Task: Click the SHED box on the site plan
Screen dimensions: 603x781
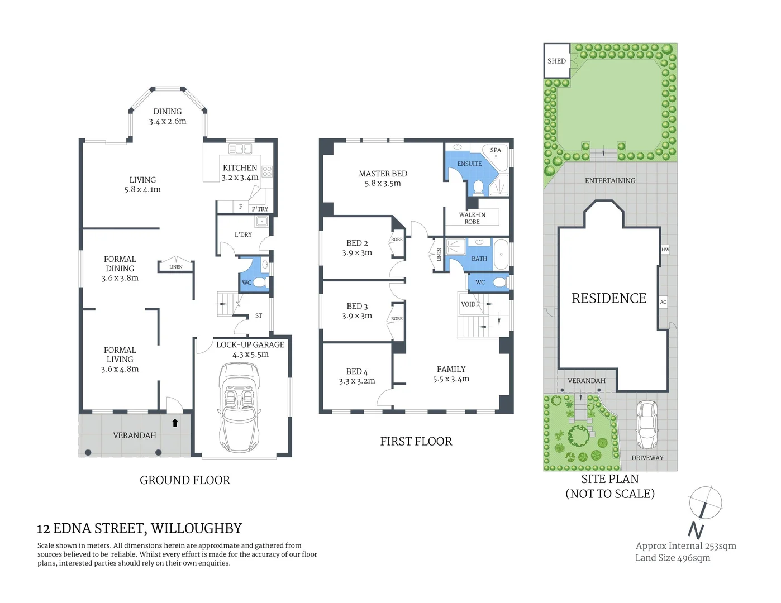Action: point(556,61)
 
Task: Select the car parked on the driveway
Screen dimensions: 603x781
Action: point(646,424)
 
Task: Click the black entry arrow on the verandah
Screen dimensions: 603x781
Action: point(175,423)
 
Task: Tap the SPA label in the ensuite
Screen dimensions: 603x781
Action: point(496,150)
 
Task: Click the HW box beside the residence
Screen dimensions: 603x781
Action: point(665,250)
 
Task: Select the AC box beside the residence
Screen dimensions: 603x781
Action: point(663,302)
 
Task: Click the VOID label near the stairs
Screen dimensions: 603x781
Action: point(468,304)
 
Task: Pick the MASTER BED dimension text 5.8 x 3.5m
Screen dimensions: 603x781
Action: point(383,183)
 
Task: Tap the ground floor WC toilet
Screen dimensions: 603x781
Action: point(260,283)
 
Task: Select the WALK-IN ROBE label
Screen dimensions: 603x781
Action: point(472,218)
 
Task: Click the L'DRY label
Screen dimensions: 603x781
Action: point(243,234)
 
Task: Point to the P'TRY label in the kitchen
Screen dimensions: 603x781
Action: point(260,209)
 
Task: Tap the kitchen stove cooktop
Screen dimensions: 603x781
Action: point(267,171)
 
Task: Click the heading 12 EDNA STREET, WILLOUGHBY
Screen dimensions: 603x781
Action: point(139,528)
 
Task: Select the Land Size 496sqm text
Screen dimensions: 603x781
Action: point(673,558)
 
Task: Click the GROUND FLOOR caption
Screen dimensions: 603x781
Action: point(184,480)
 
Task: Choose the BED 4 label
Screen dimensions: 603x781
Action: point(357,372)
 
